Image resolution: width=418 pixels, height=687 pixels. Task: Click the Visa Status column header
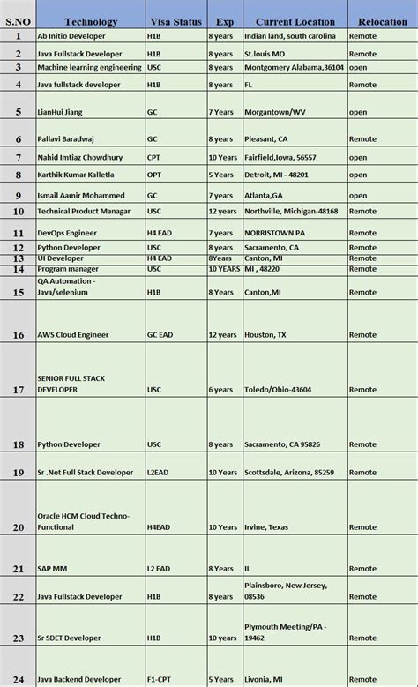coord(176,21)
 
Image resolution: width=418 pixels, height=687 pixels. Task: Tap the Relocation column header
coord(382,21)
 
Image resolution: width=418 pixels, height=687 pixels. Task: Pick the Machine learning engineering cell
coord(89,67)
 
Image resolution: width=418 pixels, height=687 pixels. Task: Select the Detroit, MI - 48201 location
coord(277,175)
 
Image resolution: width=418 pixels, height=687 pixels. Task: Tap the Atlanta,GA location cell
coord(264,195)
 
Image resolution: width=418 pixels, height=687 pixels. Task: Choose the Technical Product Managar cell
coord(84,212)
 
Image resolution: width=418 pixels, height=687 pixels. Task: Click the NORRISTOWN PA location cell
coord(275,232)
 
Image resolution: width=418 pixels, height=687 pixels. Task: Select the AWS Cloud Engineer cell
coord(75,335)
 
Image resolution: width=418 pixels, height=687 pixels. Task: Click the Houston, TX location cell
coord(265,335)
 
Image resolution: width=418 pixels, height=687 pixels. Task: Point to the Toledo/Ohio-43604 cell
coord(278,389)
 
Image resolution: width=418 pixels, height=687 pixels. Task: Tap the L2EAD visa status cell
coord(159,473)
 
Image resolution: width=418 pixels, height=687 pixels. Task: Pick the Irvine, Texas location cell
coord(267,526)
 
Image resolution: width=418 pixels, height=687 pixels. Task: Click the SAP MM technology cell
coord(53,569)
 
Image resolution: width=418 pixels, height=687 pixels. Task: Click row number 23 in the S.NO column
coord(19,638)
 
